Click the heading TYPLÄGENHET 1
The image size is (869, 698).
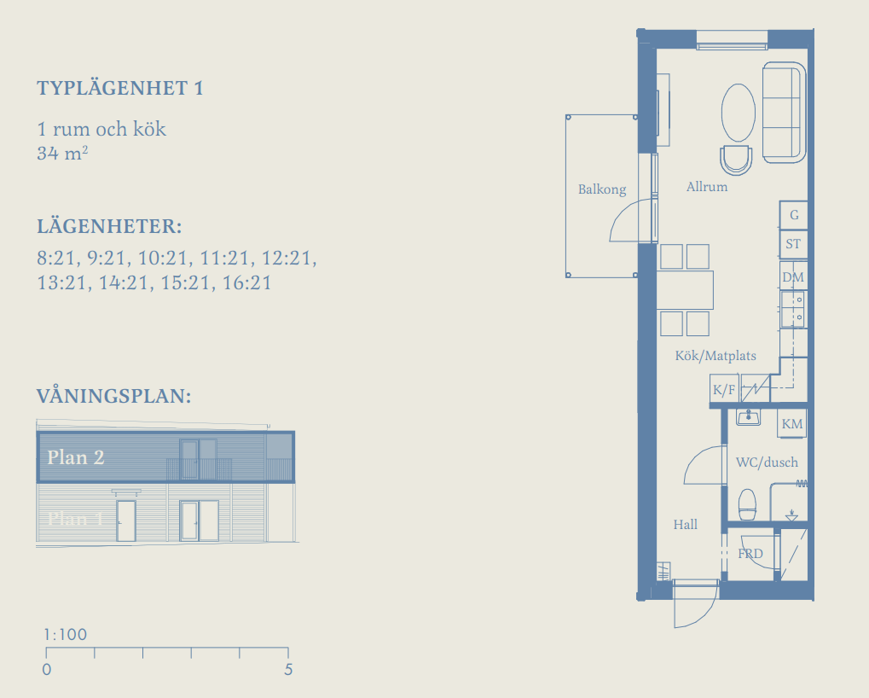(119, 88)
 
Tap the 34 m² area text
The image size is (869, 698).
(62, 153)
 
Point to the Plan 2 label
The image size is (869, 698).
(76, 457)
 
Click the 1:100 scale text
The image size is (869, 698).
(66, 634)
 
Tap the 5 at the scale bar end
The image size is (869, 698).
(288, 670)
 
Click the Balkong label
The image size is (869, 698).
(602, 189)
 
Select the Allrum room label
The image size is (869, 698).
(707, 187)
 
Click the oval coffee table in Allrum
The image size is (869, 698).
(739, 113)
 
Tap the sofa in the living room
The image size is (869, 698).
(785, 113)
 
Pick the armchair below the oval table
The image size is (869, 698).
(736, 160)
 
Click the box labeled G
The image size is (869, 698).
(794, 215)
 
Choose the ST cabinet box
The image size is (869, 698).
(794, 244)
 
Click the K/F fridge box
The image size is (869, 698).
(724, 389)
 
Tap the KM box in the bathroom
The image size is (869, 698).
(792, 424)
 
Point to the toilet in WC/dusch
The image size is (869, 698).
(747, 504)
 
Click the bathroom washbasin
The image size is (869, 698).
(748, 417)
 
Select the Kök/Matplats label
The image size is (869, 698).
(715, 356)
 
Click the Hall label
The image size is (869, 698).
(686, 525)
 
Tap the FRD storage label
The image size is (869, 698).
(750, 553)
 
